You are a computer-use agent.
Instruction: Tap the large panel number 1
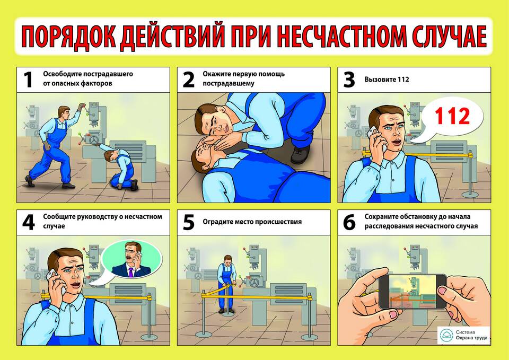pyautogui.click(x=28, y=80)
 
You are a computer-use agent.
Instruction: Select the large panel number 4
pyautogui.click(x=29, y=222)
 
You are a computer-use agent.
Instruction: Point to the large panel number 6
pyautogui.click(x=349, y=222)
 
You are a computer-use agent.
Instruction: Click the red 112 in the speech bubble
pyautogui.click(x=452, y=116)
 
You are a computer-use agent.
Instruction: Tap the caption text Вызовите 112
pyautogui.click(x=387, y=80)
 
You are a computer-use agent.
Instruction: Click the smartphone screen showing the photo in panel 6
pyautogui.click(x=413, y=291)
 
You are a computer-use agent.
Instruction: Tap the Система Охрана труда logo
pyautogui.click(x=464, y=335)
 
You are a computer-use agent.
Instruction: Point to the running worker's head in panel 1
pyautogui.click(x=64, y=112)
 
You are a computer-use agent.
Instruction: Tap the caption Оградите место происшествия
pyautogui.click(x=252, y=222)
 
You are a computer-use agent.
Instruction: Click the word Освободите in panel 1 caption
pyautogui.click(x=62, y=74)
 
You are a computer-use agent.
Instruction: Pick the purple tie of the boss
pyautogui.click(x=130, y=272)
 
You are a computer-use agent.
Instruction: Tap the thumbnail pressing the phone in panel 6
pyautogui.click(x=443, y=290)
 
